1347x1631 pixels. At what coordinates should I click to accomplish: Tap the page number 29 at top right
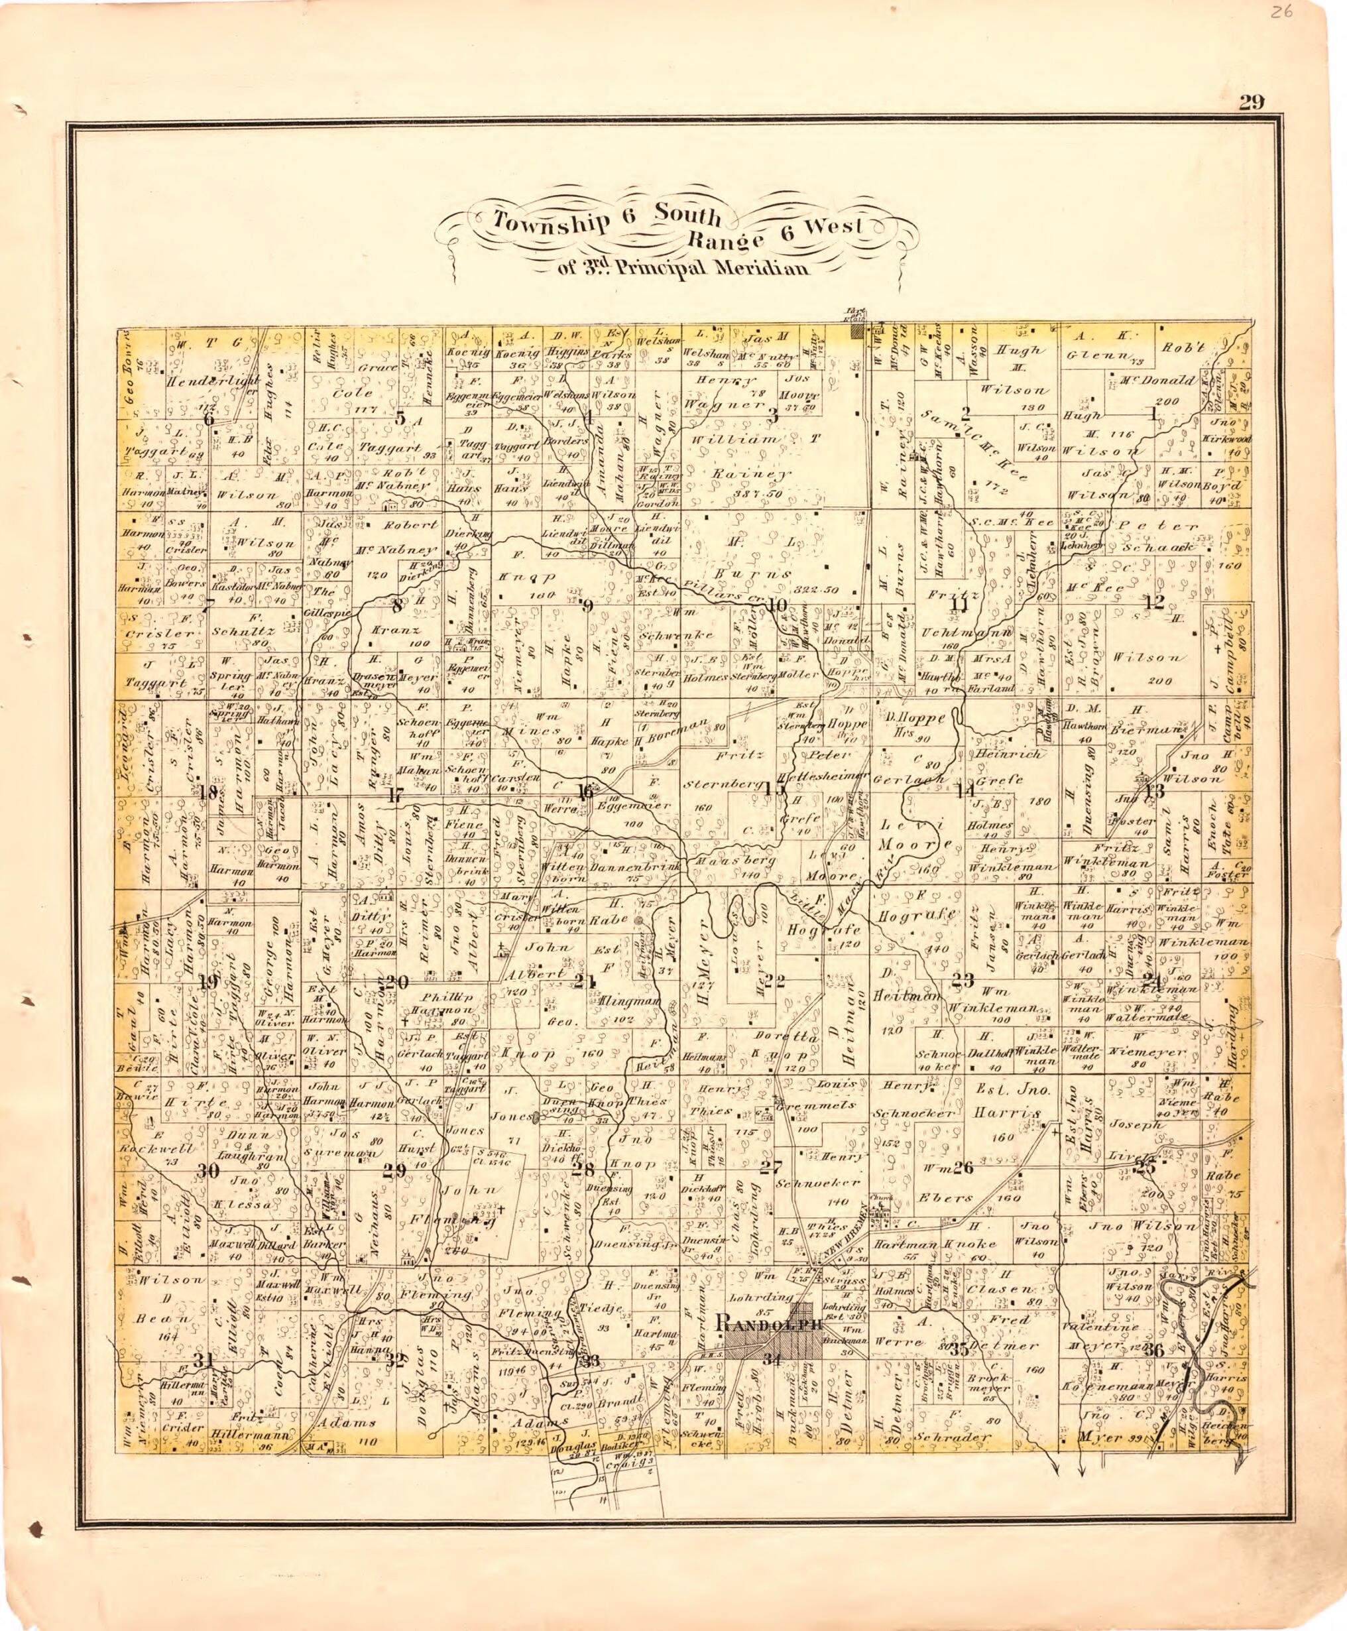coord(1252,102)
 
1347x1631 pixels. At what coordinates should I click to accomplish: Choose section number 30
coord(206,1172)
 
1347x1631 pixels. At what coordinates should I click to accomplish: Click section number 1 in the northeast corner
coord(1152,414)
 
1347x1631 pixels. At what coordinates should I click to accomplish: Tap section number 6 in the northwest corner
coord(208,418)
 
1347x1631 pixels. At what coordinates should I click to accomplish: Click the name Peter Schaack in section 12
coord(1164,537)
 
